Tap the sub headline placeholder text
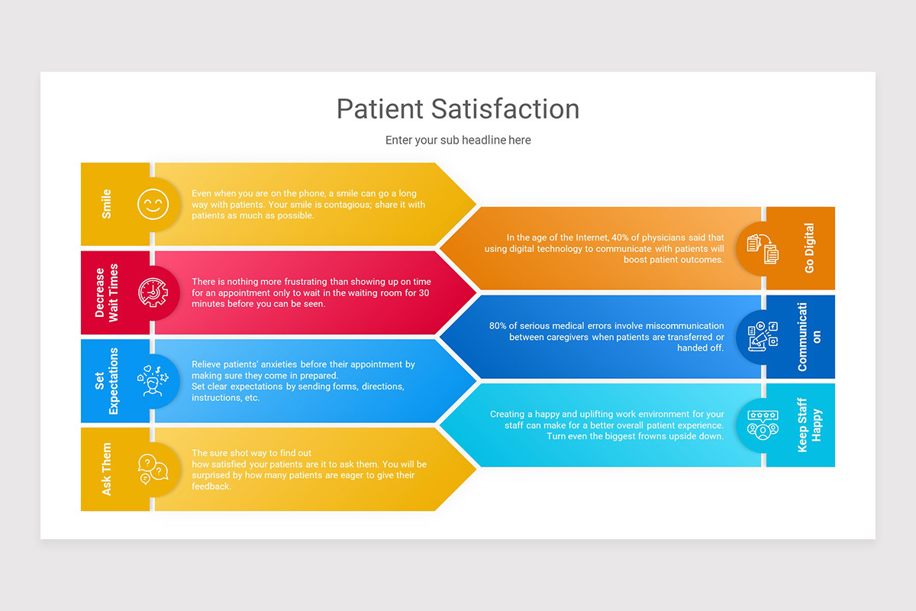(458, 140)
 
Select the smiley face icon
(153, 204)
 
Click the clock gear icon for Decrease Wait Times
(153, 293)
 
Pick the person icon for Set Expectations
(153, 380)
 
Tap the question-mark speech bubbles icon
(153, 469)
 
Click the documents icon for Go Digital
(763, 249)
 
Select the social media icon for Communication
(763, 337)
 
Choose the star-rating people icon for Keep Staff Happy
(763, 425)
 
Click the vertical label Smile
(107, 204)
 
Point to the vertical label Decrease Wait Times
(107, 293)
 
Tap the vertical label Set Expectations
(107, 380)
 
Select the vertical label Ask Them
(107, 469)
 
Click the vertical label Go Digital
(809, 248)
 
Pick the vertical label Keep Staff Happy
(809, 425)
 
